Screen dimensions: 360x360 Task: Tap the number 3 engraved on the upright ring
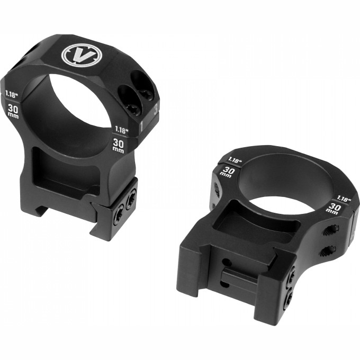156,109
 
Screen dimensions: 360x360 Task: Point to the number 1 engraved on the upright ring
142,125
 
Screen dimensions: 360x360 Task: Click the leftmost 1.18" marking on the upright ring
12,95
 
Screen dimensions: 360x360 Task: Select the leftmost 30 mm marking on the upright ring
13,111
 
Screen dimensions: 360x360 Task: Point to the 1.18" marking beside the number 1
121,130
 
